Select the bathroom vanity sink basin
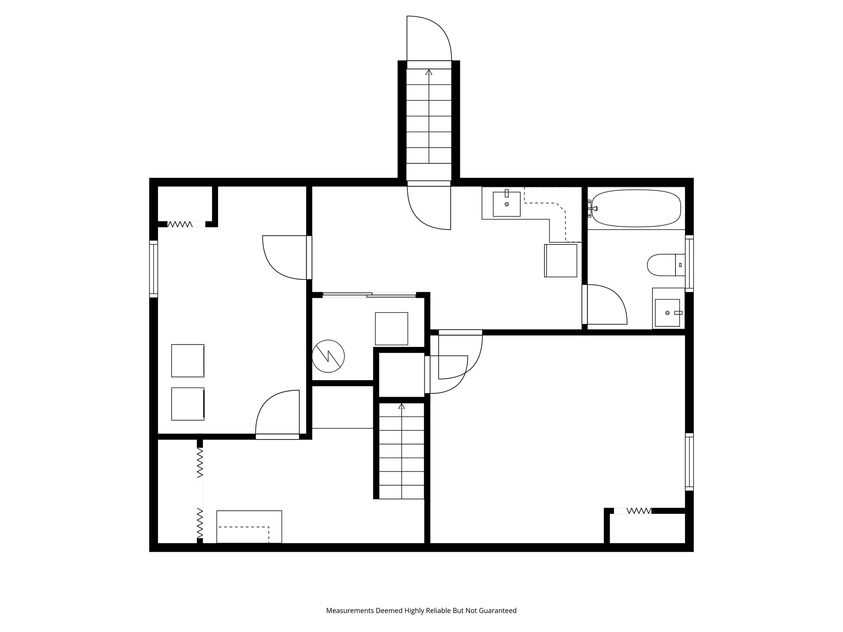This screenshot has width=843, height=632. click(x=667, y=313)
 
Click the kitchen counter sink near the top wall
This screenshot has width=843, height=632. click(x=506, y=204)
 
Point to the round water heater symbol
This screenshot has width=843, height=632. click(x=328, y=356)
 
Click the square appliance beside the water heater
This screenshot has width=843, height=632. click(x=391, y=328)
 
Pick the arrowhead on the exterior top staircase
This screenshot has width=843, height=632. click(x=429, y=72)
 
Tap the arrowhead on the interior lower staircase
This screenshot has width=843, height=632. click(x=401, y=407)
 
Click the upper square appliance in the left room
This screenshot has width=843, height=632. click(x=188, y=360)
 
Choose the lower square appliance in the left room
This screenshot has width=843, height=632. click(x=188, y=404)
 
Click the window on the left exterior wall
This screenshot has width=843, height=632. click(x=154, y=269)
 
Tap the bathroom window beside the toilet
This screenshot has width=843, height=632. click(x=689, y=263)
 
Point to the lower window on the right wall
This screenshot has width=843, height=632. click(x=689, y=461)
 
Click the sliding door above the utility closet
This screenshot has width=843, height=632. click(x=369, y=295)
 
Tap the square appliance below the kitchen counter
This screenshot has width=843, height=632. click(x=561, y=260)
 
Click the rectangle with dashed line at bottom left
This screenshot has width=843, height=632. click(x=249, y=527)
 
